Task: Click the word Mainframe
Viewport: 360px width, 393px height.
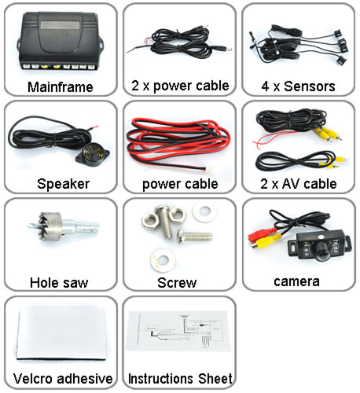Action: [61, 87]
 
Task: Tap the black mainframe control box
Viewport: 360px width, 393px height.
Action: [61, 41]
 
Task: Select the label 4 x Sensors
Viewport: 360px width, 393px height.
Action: [298, 86]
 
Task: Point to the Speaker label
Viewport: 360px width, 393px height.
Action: [64, 184]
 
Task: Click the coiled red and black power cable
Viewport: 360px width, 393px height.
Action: [178, 145]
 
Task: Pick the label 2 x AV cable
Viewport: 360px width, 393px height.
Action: [299, 184]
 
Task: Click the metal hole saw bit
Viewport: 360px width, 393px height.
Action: [64, 226]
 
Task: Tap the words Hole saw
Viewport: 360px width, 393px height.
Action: [59, 283]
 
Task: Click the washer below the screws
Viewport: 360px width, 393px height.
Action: [163, 260]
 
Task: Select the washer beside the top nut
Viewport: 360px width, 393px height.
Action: [204, 211]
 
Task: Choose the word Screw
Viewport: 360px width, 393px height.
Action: [177, 283]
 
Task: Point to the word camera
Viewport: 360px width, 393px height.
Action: [297, 282]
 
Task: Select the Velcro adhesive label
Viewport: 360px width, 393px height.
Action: [63, 379]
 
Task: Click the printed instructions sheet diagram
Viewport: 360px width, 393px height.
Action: [178, 332]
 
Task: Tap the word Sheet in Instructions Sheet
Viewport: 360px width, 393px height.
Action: [215, 379]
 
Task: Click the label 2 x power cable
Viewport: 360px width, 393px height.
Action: [180, 86]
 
